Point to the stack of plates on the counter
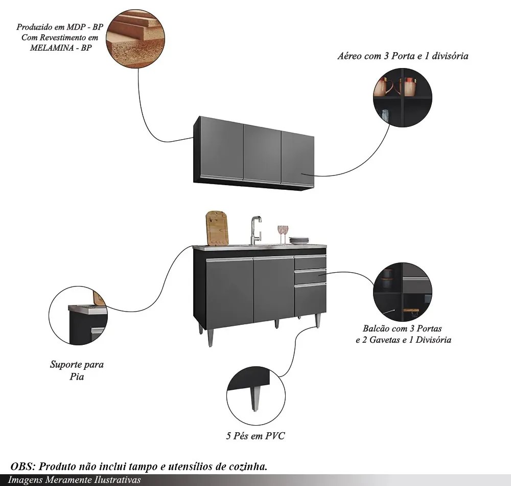point(298,240)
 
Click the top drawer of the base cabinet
point(310,263)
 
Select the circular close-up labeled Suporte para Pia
point(77,316)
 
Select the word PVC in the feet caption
point(275,436)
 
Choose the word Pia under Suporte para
point(77,377)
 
